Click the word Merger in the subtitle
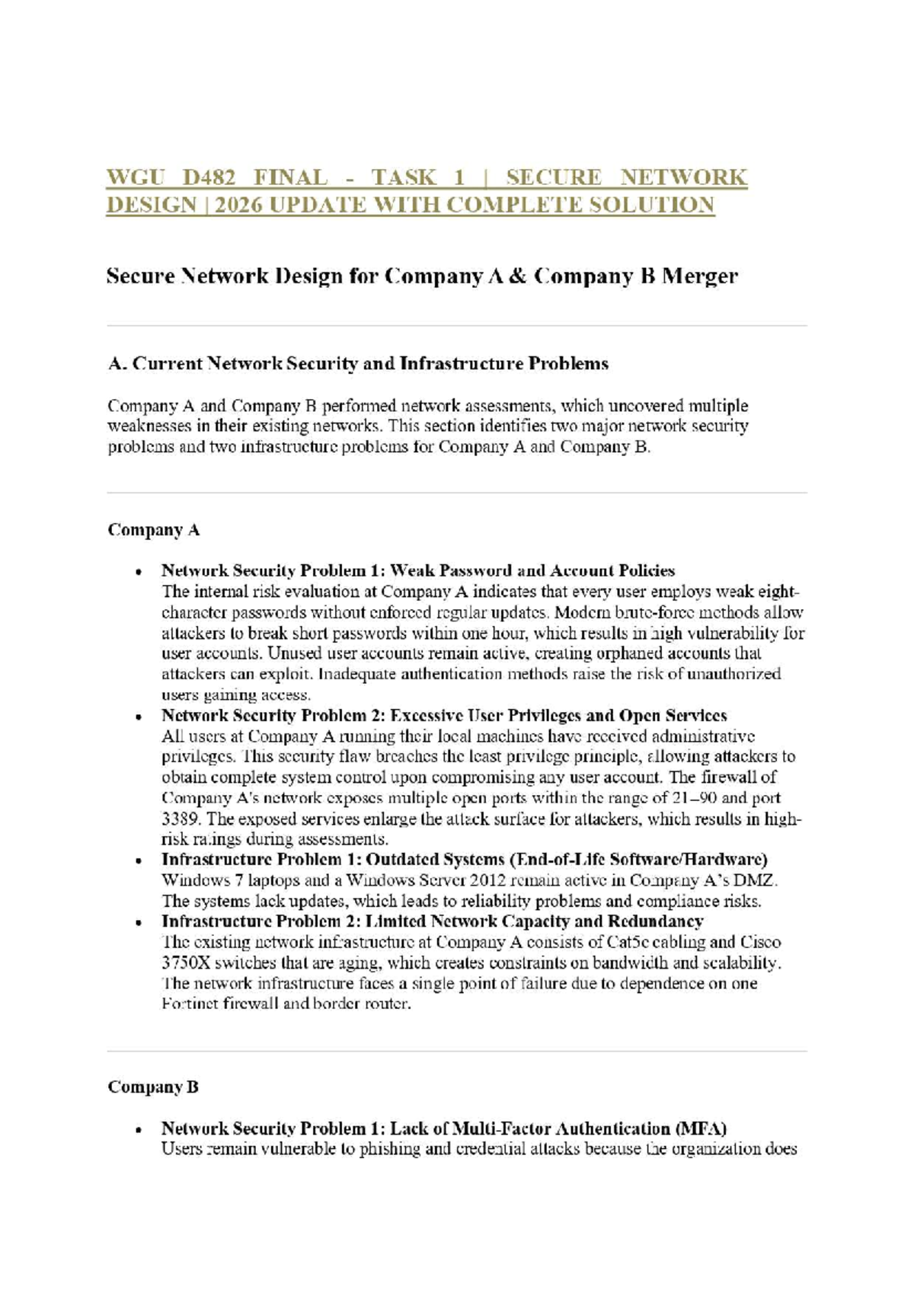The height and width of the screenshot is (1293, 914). [699, 276]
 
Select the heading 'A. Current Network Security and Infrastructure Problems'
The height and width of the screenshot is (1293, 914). [357, 364]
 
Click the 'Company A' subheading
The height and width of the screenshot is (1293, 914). [153, 530]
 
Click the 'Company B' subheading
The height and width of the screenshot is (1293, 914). [152, 1087]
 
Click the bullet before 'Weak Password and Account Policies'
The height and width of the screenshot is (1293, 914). [138, 572]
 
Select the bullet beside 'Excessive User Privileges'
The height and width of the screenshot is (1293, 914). [138, 717]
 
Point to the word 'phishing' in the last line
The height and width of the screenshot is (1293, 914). [388, 1149]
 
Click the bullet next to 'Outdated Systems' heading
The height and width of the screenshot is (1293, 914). [138, 860]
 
